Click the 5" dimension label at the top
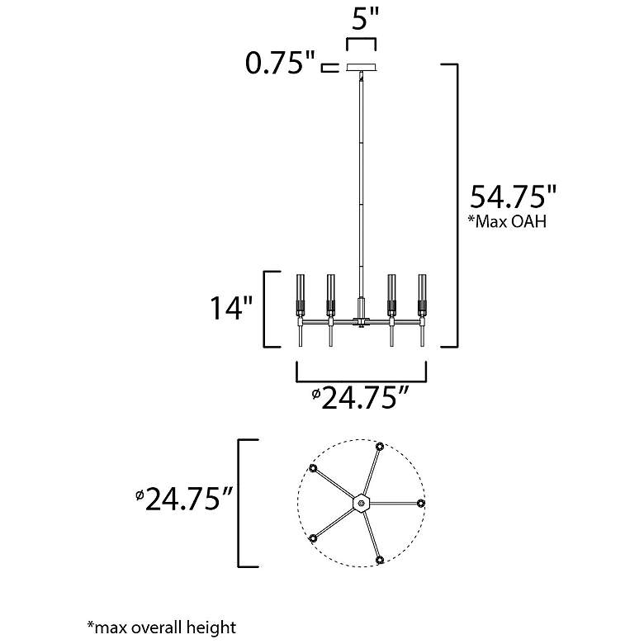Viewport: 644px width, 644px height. tap(365, 19)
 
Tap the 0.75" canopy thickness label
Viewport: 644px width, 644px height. tap(280, 64)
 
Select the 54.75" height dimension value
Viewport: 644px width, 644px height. tap(513, 197)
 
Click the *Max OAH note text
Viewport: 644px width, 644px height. tap(507, 222)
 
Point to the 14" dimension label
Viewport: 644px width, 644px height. tap(231, 308)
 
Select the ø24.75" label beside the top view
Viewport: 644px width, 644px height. tap(185, 499)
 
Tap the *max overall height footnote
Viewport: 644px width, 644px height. tap(162, 627)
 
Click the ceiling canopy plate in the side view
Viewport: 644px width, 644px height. tap(362, 67)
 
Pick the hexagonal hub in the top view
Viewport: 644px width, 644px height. tap(362, 502)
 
